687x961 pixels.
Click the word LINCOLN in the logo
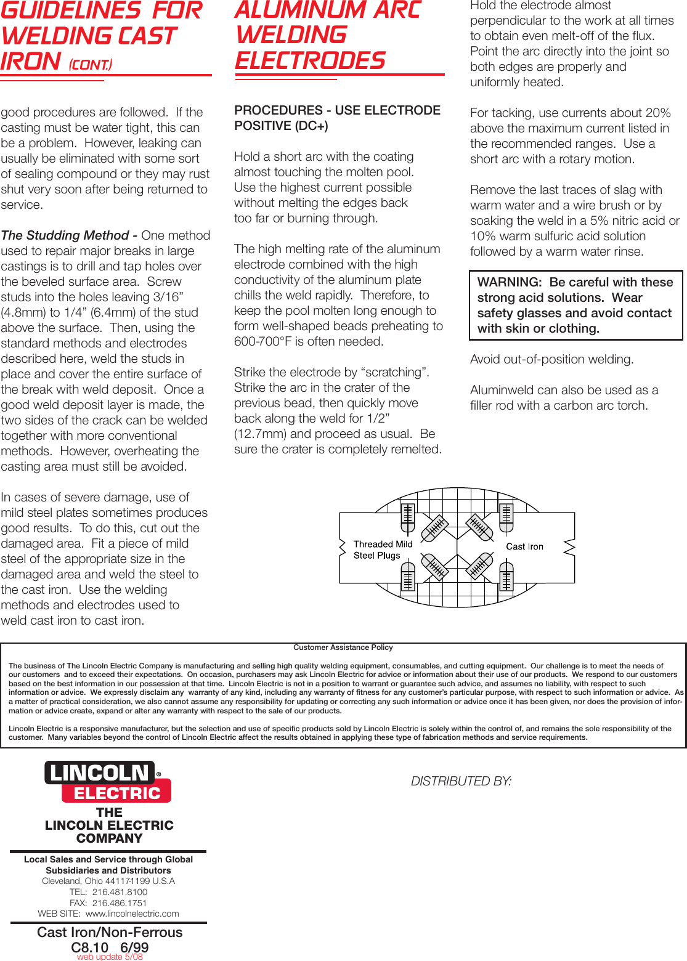click(99, 772)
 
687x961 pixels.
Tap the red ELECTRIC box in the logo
click(116, 793)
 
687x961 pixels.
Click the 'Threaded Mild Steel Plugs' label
click(382, 549)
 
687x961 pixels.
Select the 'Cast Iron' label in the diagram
click(524, 546)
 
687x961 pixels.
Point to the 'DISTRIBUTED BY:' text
click(461, 781)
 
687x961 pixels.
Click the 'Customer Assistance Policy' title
click(343, 647)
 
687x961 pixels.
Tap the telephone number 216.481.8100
click(120, 892)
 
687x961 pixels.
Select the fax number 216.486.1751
click(120, 903)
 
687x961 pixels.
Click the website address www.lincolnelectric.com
click(132, 914)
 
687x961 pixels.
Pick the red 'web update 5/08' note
click(110, 957)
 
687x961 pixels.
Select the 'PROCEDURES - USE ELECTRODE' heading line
click(337, 110)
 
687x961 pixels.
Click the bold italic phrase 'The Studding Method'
click(65, 235)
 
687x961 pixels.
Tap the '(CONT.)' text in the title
click(90, 65)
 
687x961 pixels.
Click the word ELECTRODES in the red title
click(310, 60)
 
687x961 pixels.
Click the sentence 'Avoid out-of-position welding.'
click(551, 359)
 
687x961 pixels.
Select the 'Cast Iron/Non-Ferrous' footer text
click(110, 932)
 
